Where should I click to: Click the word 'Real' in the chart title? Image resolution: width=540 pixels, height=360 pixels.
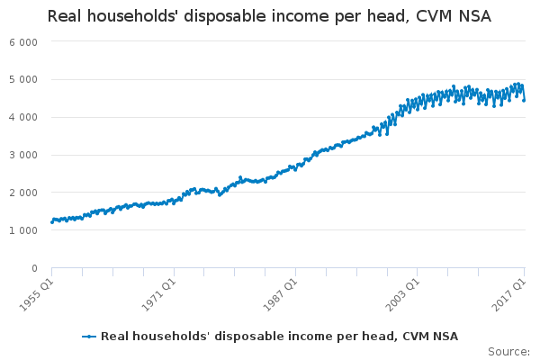pos(65,16)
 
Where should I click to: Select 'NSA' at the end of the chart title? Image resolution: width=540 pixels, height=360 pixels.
pos(473,16)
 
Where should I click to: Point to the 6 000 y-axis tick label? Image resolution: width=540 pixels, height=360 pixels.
pos(23,42)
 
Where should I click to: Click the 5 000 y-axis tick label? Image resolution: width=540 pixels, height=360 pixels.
pos(23,80)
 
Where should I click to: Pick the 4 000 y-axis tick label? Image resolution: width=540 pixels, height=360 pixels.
pos(23,118)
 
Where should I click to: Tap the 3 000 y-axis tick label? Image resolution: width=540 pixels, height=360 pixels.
pos(23,156)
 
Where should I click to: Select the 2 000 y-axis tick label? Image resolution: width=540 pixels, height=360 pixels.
pos(23,193)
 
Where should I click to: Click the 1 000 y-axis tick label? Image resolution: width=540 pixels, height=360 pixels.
pos(23,231)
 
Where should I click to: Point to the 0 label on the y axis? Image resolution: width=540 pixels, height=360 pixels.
pos(34,269)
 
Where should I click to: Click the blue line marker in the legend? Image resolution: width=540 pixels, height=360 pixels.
pos(89,337)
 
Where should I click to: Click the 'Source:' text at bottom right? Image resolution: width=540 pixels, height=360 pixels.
pos(508,351)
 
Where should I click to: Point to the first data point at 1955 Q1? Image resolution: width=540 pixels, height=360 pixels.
pos(51,222)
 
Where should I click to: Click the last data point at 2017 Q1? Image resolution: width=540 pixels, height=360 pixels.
pos(525,100)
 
